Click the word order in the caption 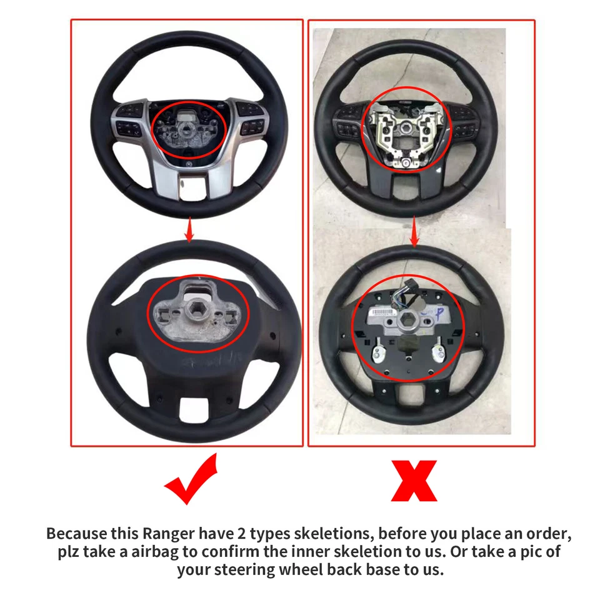551,534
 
